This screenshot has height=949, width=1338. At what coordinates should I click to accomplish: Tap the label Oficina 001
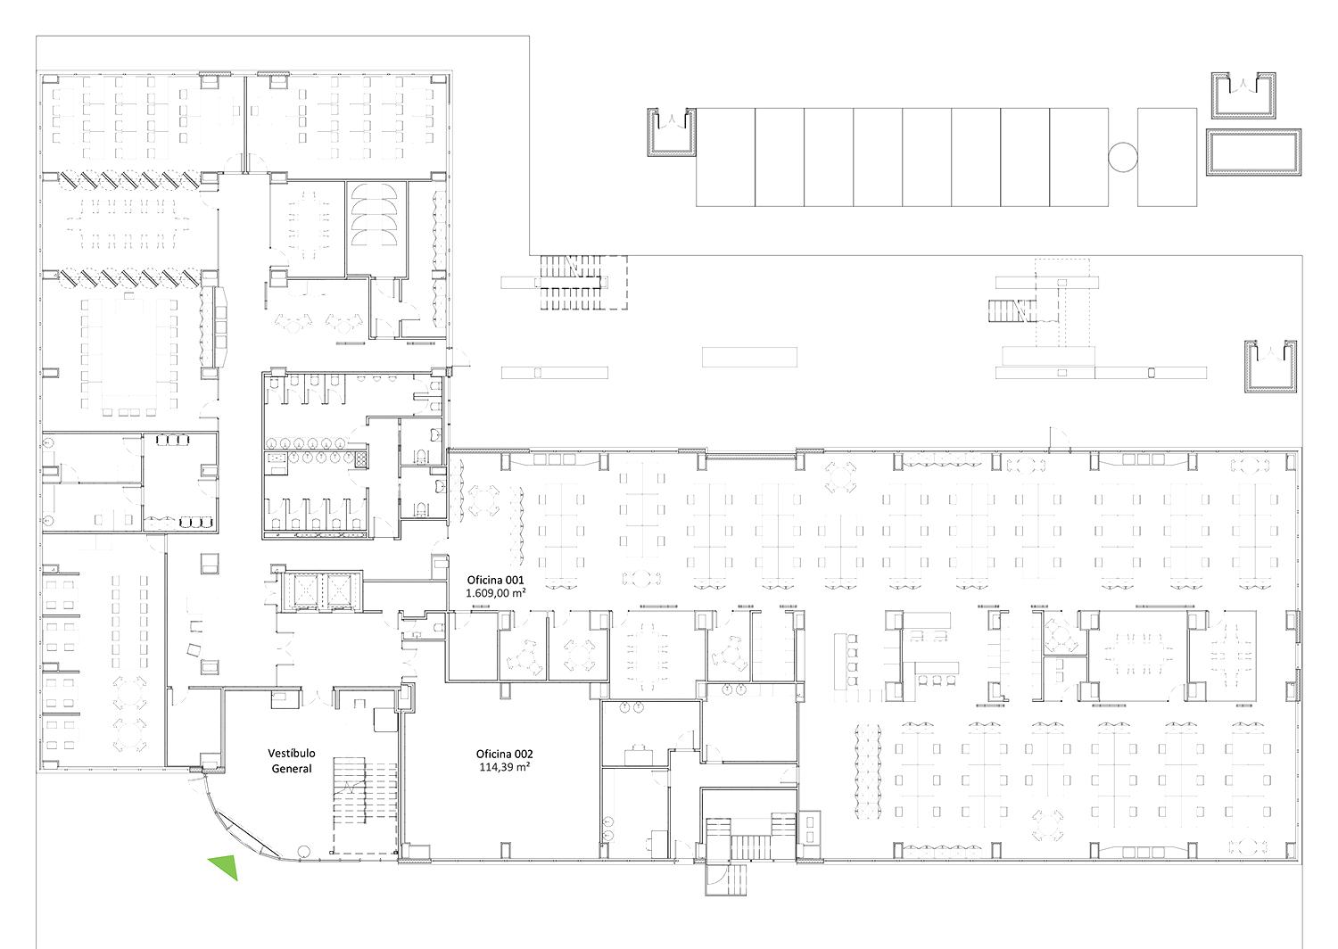tap(495, 580)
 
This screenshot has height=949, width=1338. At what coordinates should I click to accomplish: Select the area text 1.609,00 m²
tap(496, 593)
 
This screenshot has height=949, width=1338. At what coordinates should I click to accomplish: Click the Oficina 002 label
tap(504, 755)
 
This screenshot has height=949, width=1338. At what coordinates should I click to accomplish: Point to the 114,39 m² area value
tap(505, 767)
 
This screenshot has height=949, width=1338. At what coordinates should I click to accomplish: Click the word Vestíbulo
tap(292, 754)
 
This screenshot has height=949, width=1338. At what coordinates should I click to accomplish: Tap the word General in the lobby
tap(292, 769)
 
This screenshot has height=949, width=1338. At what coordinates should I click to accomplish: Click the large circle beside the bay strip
tap(1123, 157)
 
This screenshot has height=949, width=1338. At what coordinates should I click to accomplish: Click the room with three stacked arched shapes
tap(376, 228)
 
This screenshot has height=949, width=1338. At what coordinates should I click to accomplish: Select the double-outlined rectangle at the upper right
tap(1253, 152)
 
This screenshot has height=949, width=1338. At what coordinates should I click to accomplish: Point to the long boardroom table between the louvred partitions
tap(128, 224)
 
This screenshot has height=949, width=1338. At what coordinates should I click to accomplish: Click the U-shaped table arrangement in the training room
tap(129, 355)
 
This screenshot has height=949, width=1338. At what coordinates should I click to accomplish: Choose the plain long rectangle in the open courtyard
tap(749, 357)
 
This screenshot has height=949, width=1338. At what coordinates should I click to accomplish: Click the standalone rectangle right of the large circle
tap(1167, 157)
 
